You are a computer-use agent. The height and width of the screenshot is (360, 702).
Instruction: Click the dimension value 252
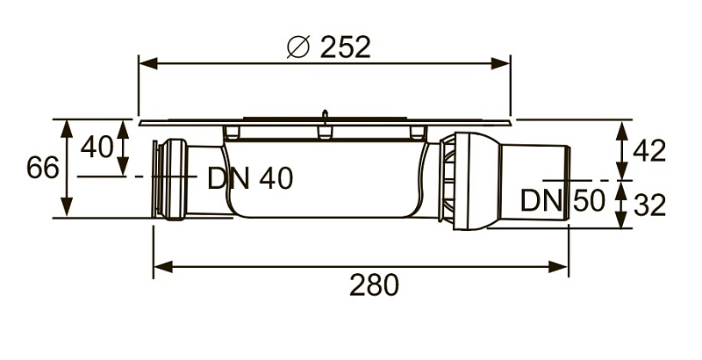click(345, 47)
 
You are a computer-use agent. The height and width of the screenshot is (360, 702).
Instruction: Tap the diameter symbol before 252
click(297, 47)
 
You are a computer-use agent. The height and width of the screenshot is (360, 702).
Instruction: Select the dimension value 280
click(374, 285)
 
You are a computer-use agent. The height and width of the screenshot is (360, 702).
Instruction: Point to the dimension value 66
click(43, 168)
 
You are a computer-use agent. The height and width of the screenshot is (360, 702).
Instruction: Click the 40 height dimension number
click(97, 147)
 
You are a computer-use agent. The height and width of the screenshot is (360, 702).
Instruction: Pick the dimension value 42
click(649, 151)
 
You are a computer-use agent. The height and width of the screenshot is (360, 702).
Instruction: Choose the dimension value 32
click(649, 205)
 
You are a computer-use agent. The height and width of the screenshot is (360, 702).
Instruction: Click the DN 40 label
click(250, 178)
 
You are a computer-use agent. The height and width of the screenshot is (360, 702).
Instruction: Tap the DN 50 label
click(562, 200)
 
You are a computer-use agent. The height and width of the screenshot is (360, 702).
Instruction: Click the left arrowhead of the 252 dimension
click(148, 63)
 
